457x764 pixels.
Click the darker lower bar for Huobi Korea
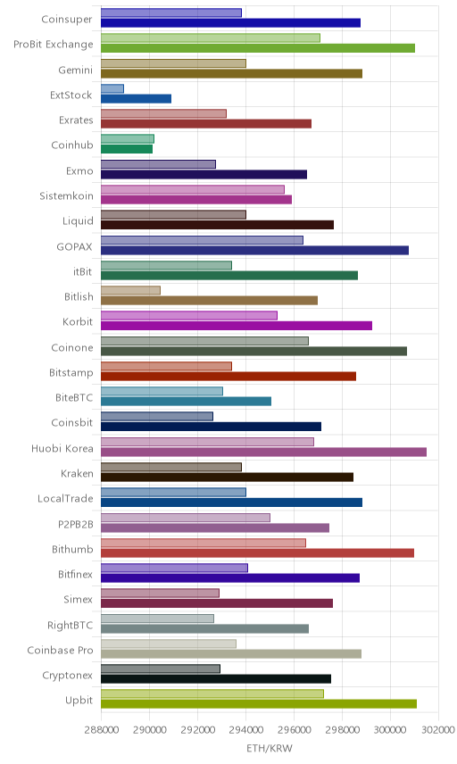(263, 453)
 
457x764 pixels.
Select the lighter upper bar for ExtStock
(112, 88)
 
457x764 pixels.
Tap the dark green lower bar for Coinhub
(127, 149)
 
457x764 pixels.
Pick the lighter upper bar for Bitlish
(130, 290)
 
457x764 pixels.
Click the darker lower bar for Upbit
(259, 704)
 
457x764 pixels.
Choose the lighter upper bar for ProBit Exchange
(211, 38)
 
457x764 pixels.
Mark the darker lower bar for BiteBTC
(187, 402)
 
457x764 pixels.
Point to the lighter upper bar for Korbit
(189, 316)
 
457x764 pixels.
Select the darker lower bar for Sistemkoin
(196, 200)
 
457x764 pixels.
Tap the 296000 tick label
(294, 730)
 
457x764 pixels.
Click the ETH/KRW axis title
(270, 749)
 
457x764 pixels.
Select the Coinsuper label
(67, 20)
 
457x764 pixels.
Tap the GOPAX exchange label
(74, 246)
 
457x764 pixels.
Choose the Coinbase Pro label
(60, 650)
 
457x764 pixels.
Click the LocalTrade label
(65, 498)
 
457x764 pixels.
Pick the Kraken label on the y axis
(77, 474)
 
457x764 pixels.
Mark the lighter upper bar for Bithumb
(204, 543)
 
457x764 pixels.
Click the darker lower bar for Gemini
(231, 73)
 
